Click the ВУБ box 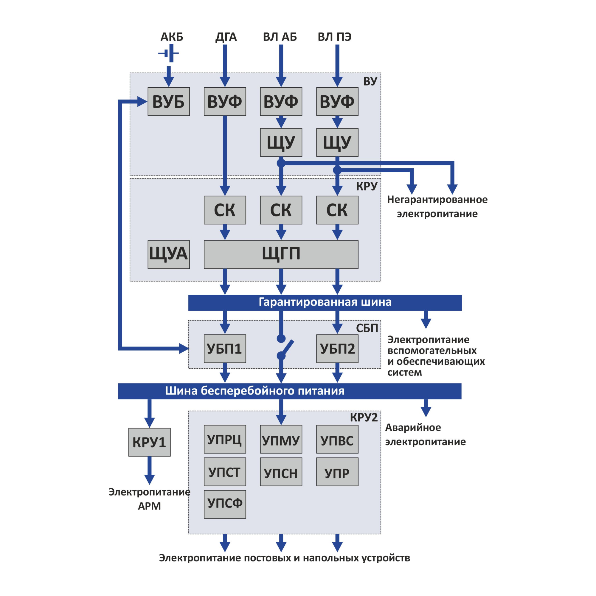coord(168,102)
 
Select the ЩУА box coord(168,254)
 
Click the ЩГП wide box coord(281,254)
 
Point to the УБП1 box coord(225,349)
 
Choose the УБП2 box coord(337,349)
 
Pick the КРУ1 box coord(149,442)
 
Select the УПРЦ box coord(225,439)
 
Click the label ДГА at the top coord(226,37)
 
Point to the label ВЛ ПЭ coord(334,37)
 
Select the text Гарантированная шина coord(325,302)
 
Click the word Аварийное coord(413,428)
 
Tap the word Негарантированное coord(437,200)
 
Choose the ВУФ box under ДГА coord(225,102)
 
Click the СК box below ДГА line coord(225,210)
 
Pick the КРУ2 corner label coord(363,417)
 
